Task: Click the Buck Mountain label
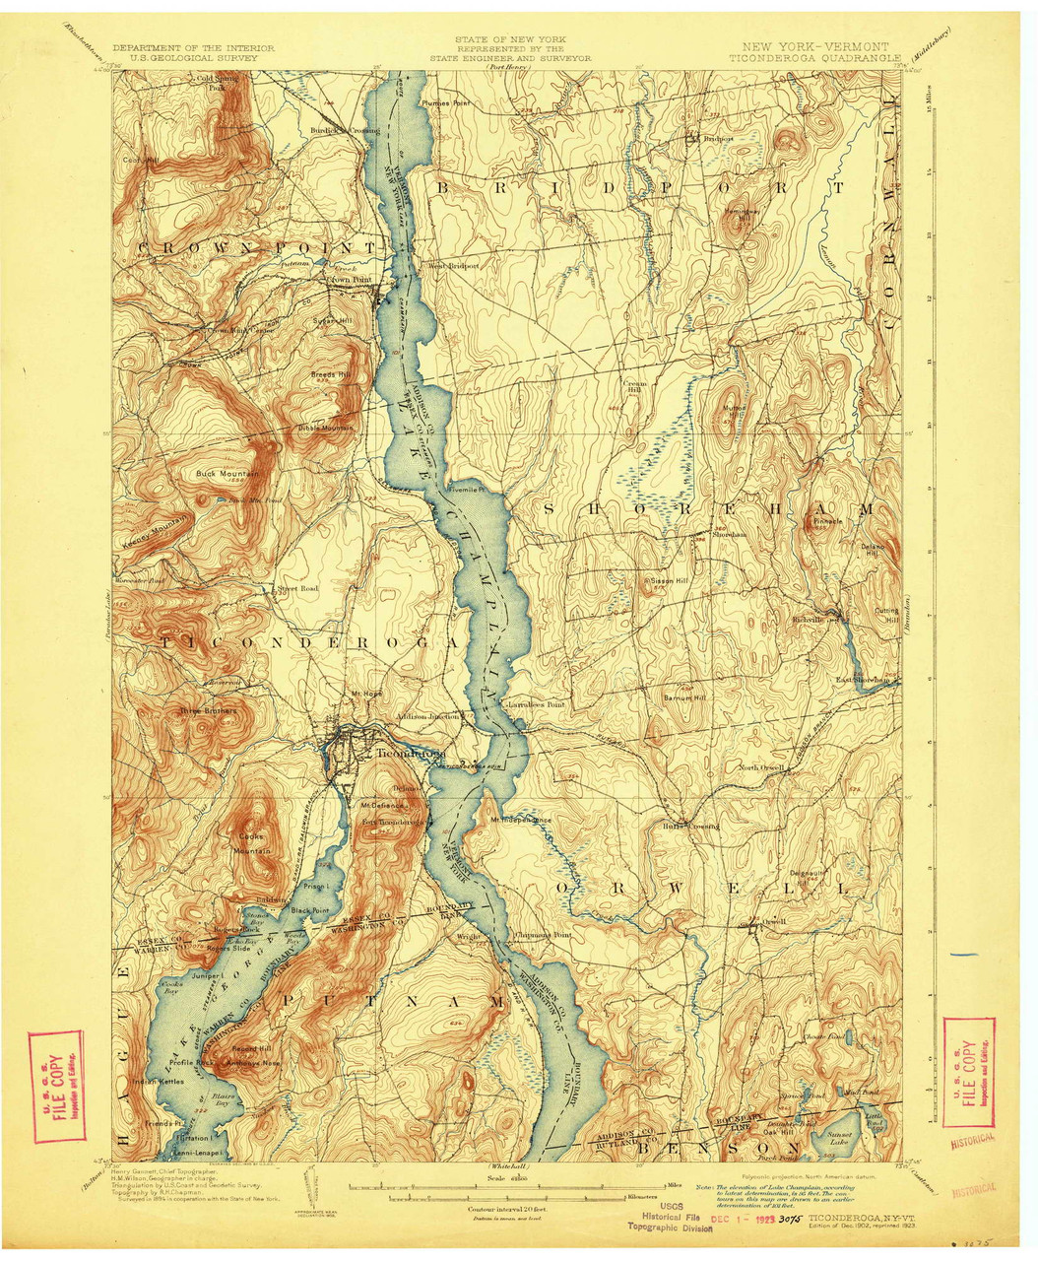click(227, 474)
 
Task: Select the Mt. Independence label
click(521, 820)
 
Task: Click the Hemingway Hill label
click(744, 213)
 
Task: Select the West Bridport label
click(452, 266)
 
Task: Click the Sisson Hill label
click(668, 581)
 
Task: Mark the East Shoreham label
click(863, 680)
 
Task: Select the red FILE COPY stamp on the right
click(968, 1071)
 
